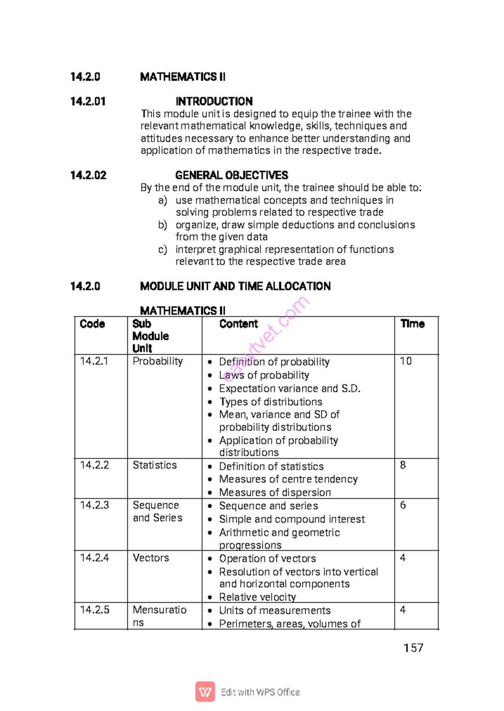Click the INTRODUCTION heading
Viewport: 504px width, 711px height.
[x=214, y=102]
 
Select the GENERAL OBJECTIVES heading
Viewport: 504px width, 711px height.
[x=231, y=175]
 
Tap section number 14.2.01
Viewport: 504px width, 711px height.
[x=88, y=102]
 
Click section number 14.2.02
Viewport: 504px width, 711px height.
[x=88, y=175]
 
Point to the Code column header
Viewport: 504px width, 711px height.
[x=92, y=324]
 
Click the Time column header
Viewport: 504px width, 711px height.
[x=412, y=324]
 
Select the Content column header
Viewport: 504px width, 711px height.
[x=238, y=324]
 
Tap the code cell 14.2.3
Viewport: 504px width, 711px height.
[x=94, y=505]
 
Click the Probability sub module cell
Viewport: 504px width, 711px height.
[x=157, y=361]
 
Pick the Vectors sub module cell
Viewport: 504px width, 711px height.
[x=151, y=558]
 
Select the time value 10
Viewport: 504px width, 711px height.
[x=406, y=361]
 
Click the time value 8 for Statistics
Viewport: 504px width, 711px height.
[x=403, y=465]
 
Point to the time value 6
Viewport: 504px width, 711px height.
[x=403, y=505]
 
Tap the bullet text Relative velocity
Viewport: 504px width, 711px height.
[x=257, y=597]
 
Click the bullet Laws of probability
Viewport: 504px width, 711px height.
[x=264, y=375]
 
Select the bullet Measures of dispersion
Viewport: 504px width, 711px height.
[x=275, y=492]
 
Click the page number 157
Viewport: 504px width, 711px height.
[x=413, y=648]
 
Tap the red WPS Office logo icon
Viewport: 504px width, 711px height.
[x=205, y=692]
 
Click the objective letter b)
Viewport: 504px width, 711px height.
[x=163, y=225]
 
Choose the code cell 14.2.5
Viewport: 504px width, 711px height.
[x=94, y=610]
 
